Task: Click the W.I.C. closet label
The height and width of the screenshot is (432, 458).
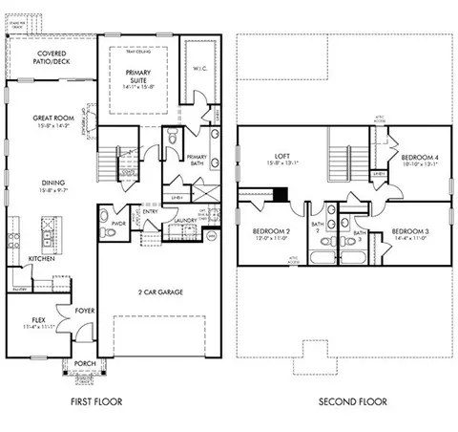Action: [198, 68]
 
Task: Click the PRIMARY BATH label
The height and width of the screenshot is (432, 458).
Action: [198, 161]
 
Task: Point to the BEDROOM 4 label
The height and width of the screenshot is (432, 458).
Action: [418, 160]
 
